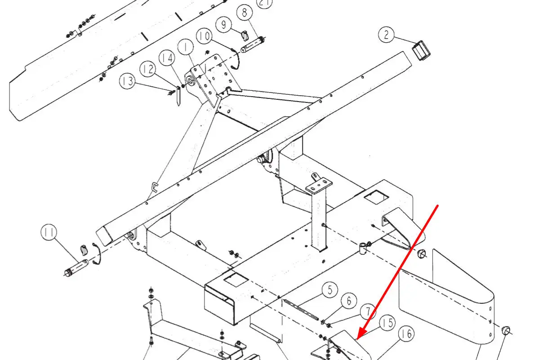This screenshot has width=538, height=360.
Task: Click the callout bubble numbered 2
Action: (x=387, y=35)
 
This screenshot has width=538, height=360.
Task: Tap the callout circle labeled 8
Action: (x=245, y=13)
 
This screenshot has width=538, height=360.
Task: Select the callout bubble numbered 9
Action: (x=224, y=24)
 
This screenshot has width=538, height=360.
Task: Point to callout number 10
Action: (x=204, y=36)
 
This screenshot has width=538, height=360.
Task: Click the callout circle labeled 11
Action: (x=49, y=232)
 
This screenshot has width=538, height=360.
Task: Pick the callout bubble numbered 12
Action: (x=148, y=69)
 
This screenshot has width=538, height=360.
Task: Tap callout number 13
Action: (x=127, y=81)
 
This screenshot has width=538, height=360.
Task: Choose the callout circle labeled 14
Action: (x=167, y=58)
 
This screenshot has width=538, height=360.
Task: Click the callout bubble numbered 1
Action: (x=186, y=47)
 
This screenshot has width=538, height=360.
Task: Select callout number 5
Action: (x=330, y=289)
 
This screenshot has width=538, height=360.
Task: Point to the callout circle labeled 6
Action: (x=349, y=301)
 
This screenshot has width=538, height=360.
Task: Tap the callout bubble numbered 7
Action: (x=368, y=311)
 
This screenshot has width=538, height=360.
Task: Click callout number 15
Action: (x=387, y=323)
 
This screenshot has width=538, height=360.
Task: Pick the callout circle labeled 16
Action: (x=406, y=333)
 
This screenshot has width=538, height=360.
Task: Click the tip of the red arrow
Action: (x=357, y=338)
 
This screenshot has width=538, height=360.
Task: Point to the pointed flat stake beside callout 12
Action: (x=178, y=96)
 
